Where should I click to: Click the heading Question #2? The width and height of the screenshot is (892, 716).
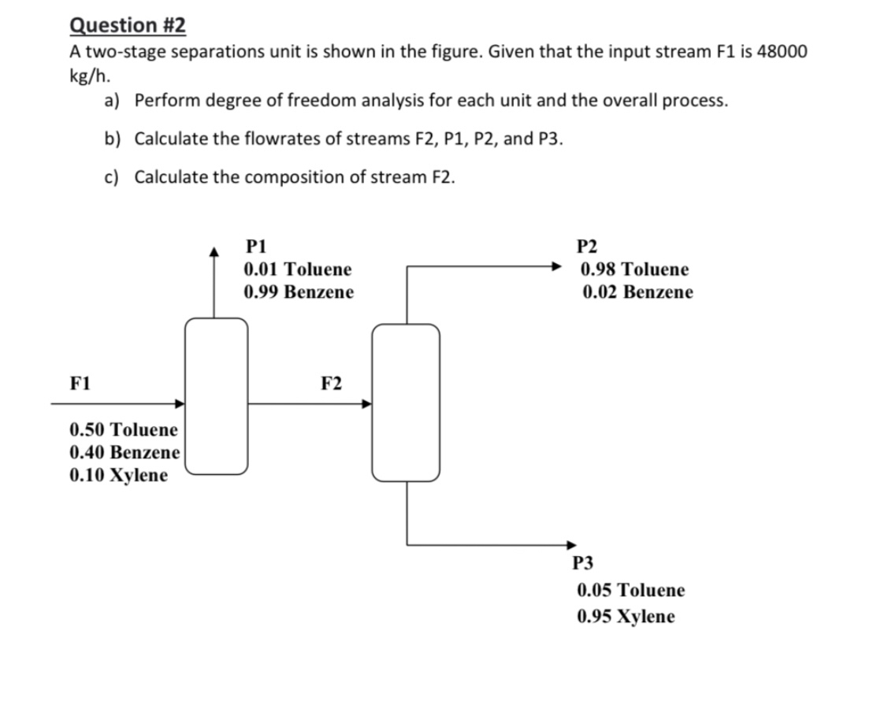pyautogui.click(x=128, y=25)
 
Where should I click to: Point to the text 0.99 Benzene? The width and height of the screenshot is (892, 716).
pyautogui.click(x=299, y=292)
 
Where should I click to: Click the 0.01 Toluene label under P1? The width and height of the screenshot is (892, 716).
pyautogui.click(x=298, y=269)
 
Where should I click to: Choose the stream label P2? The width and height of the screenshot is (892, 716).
pyautogui.click(x=588, y=245)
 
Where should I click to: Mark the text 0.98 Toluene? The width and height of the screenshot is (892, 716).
pyautogui.click(x=634, y=269)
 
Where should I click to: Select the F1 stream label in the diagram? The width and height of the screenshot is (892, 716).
pyautogui.click(x=80, y=384)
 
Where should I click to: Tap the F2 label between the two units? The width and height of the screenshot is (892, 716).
pyautogui.click(x=332, y=384)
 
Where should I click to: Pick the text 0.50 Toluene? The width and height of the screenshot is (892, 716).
pyautogui.click(x=124, y=430)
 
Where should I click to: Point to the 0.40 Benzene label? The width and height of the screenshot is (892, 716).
pyautogui.click(x=125, y=453)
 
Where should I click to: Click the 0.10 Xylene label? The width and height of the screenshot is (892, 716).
pyautogui.click(x=118, y=476)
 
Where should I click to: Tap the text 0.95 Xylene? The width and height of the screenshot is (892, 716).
pyautogui.click(x=626, y=616)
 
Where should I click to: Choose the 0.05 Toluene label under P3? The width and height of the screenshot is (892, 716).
pyautogui.click(x=631, y=590)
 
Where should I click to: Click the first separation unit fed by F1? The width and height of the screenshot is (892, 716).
pyautogui.click(x=217, y=396)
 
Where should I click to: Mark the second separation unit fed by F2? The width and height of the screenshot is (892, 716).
pyautogui.click(x=406, y=402)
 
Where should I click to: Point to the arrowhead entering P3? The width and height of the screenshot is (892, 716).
pyautogui.click(x=571, y=544)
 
